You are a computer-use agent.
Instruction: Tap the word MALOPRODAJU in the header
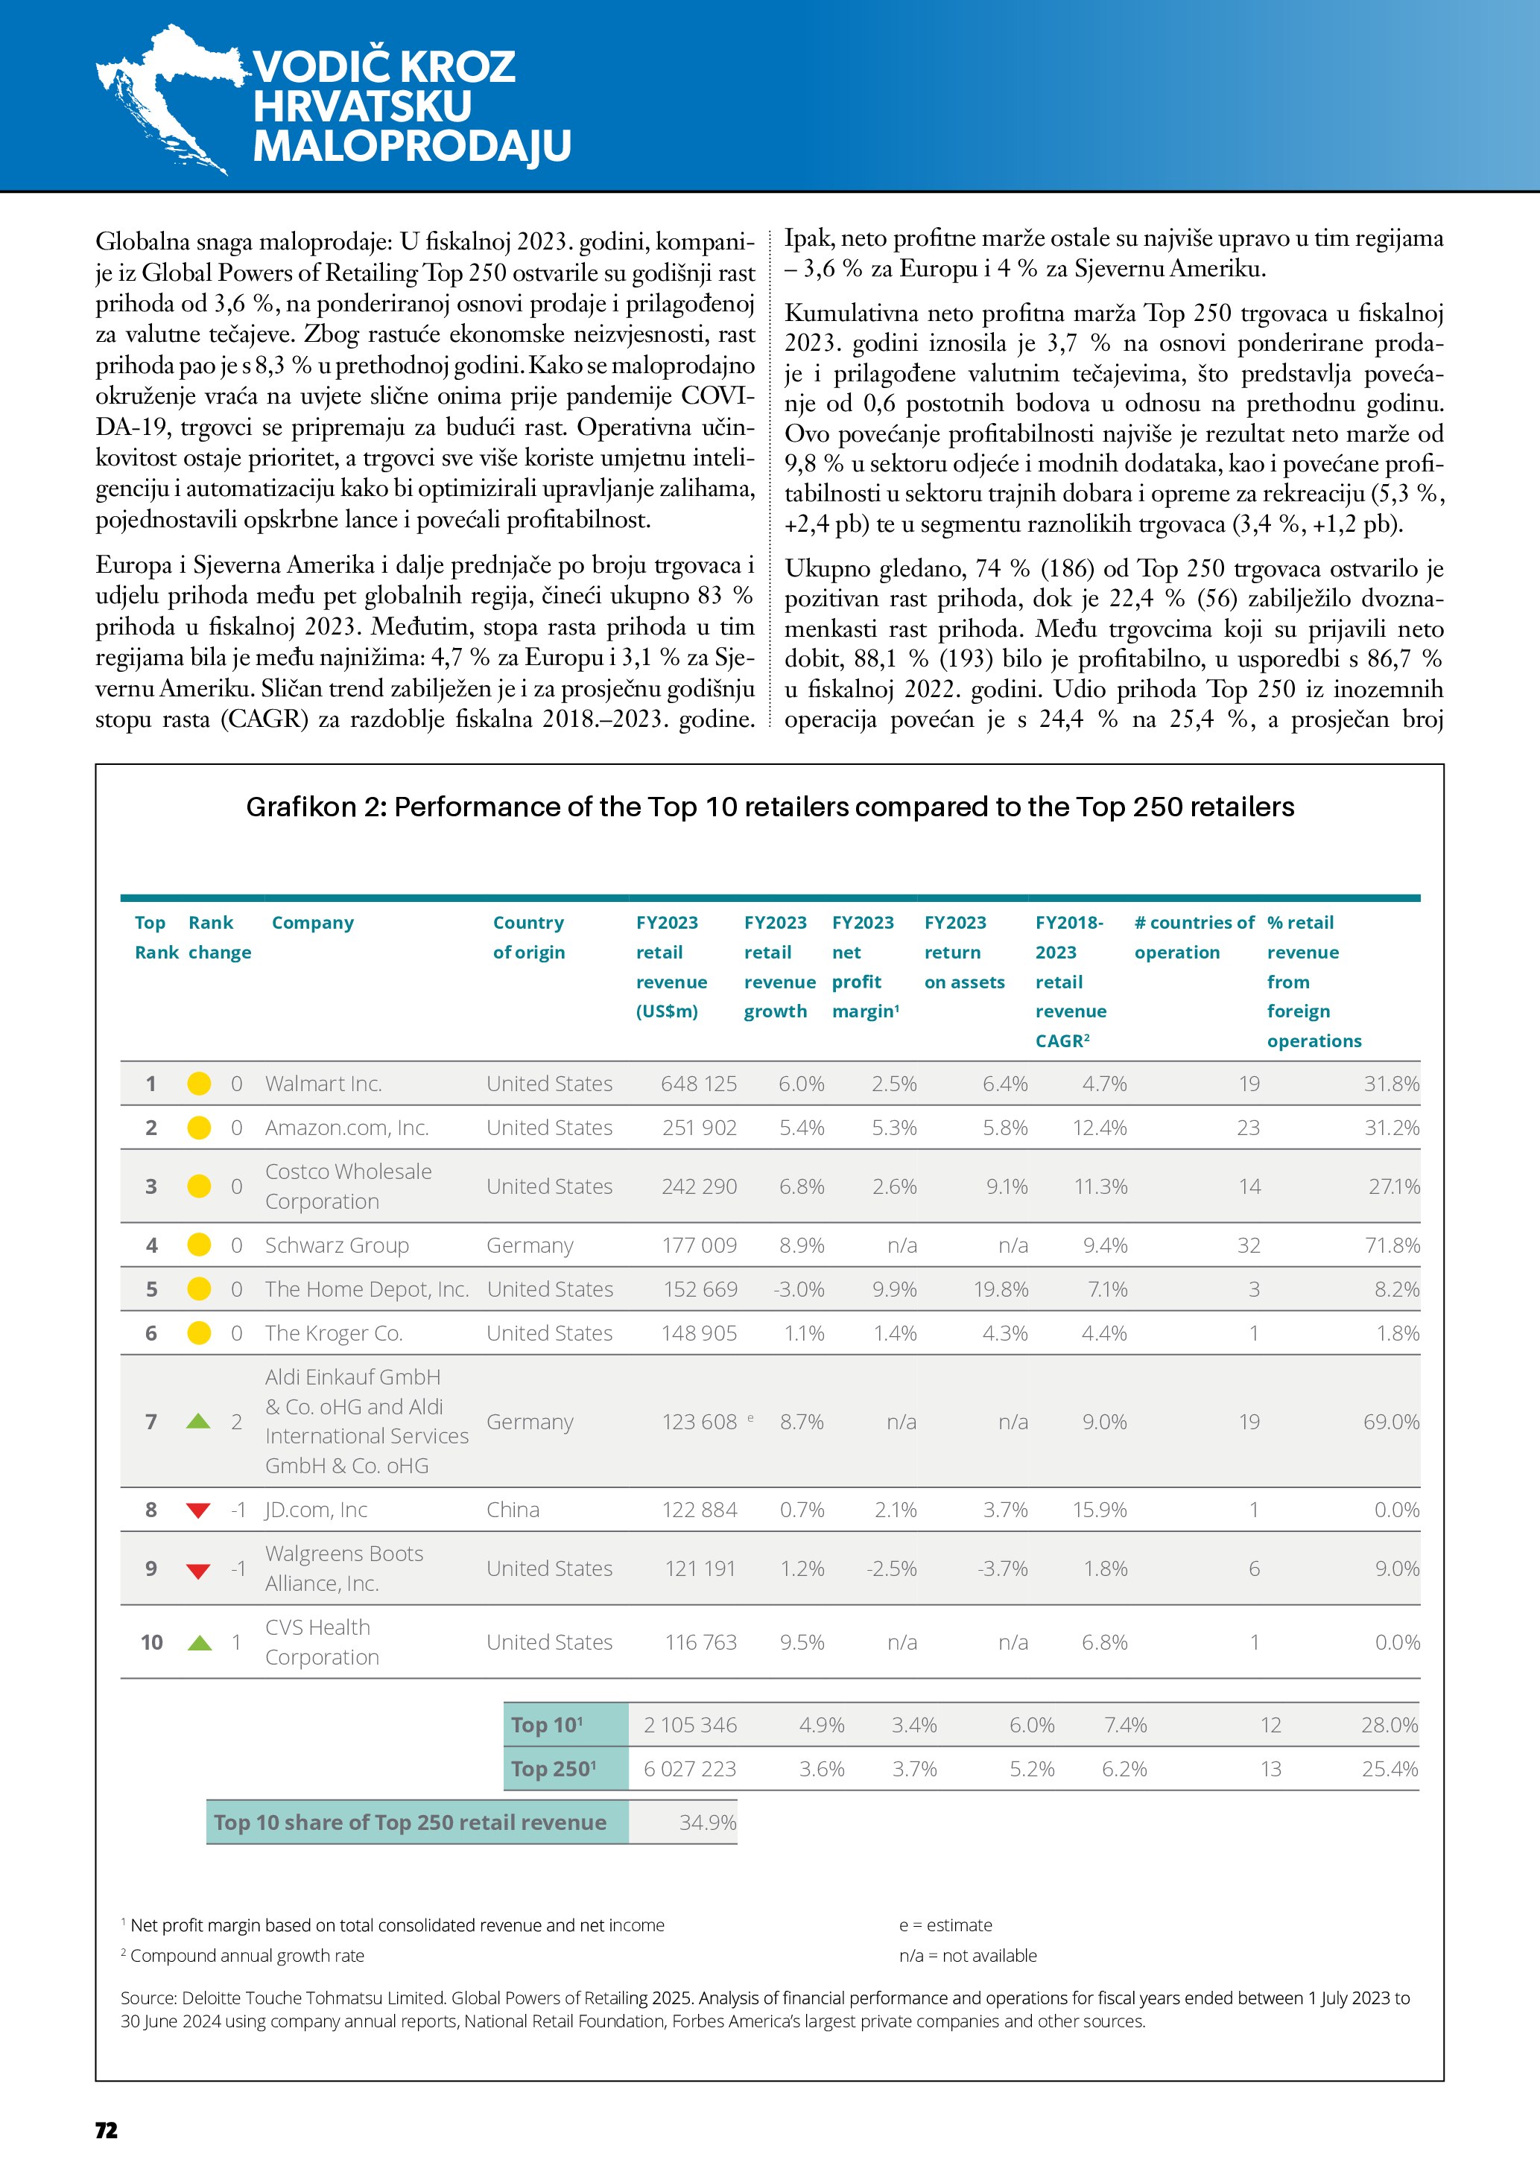(x=411, y=146)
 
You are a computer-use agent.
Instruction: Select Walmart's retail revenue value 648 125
(x=698, y=1084)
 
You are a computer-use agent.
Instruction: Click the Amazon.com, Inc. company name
(x=346, y=1128)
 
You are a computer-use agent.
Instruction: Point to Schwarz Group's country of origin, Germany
(x=529, y=1245)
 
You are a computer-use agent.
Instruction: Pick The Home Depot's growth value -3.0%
(x=799, y=1289)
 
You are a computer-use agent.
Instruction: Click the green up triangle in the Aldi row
(x=198, y=1421)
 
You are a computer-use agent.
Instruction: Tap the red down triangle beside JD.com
(x=198, y=1510)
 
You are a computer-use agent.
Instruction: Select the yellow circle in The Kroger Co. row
(x=199, y=1333)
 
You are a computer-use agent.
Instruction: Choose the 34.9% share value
(x=707, y=1822)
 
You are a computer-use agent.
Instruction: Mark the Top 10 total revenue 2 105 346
(x=689, y=1725)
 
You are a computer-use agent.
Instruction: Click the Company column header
(x=312, y=923)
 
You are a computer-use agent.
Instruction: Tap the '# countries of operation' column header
(x=1193, y=937)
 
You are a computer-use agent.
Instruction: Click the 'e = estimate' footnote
(x=945, y=1925)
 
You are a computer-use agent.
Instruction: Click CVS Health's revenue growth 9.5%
(x=802, y=1642)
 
